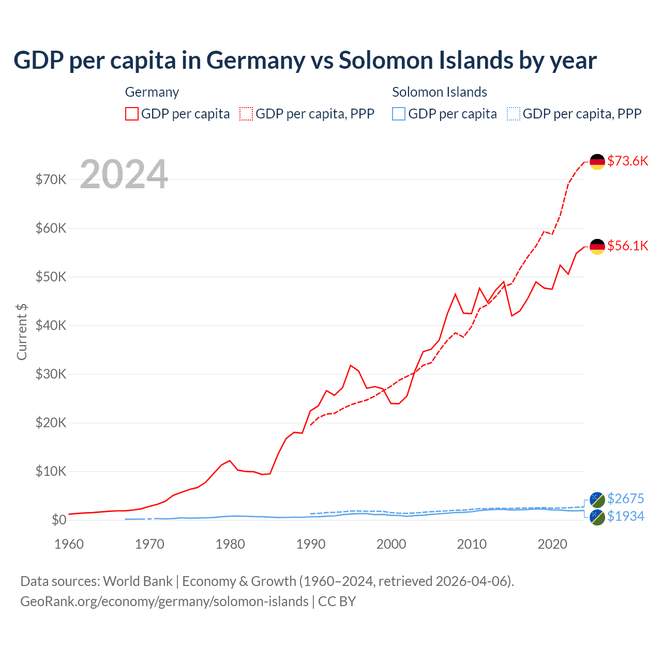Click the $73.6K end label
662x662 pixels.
point(627,161)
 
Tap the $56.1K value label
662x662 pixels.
point(627,246)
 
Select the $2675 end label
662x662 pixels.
point(625,499)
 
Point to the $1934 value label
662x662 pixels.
point(625,516)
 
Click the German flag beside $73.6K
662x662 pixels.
point(597,162)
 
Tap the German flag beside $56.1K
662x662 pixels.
point(597,247)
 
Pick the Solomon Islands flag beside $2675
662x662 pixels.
point(597,500)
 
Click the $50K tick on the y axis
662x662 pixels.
point(51,277)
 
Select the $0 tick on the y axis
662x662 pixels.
point(59,520)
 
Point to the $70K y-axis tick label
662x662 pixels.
point(51,179)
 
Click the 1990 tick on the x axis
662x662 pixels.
point(311,544)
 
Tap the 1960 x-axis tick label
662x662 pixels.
point(69,544)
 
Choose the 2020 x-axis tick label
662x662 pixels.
point(552,544)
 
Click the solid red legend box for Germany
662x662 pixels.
point(132,114)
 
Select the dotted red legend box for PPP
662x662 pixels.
point(246,114)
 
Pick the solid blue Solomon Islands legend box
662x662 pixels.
point(399,114)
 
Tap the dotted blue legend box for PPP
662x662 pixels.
point(514,114)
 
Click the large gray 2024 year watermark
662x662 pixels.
point(124,174)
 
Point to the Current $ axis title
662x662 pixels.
point(22,332)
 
